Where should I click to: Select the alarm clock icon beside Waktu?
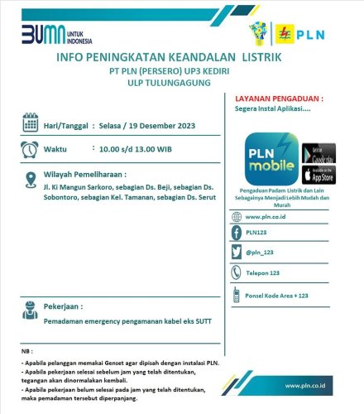point(30,150)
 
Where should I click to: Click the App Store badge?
point(318,174)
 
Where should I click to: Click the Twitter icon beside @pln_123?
point(236,252)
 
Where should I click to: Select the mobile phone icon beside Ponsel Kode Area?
point(236,294)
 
